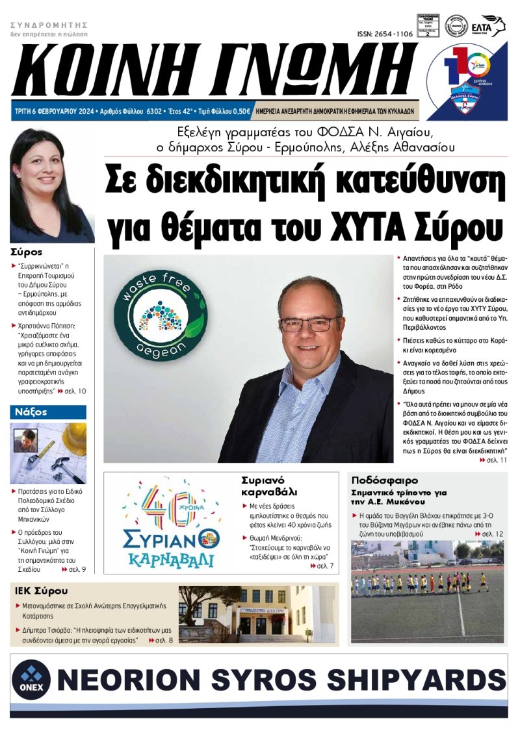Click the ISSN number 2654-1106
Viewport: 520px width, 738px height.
click(x=385, y=34)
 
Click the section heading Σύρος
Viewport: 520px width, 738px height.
click(x=27, y=252)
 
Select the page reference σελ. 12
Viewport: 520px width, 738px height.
click(x=490, y=534)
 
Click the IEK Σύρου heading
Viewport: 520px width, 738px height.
click(x=41, y=591)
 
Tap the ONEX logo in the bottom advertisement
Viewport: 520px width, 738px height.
click(x=31, y=678)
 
